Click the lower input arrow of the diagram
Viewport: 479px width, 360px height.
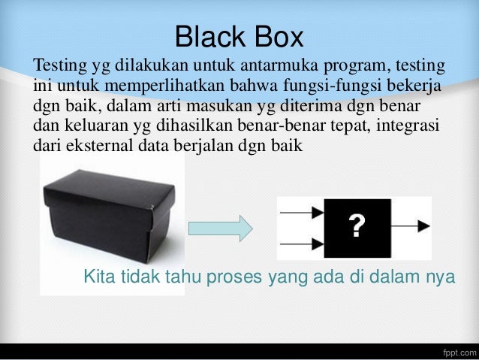pos(300,244)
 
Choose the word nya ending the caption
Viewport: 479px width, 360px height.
pos(439,277)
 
